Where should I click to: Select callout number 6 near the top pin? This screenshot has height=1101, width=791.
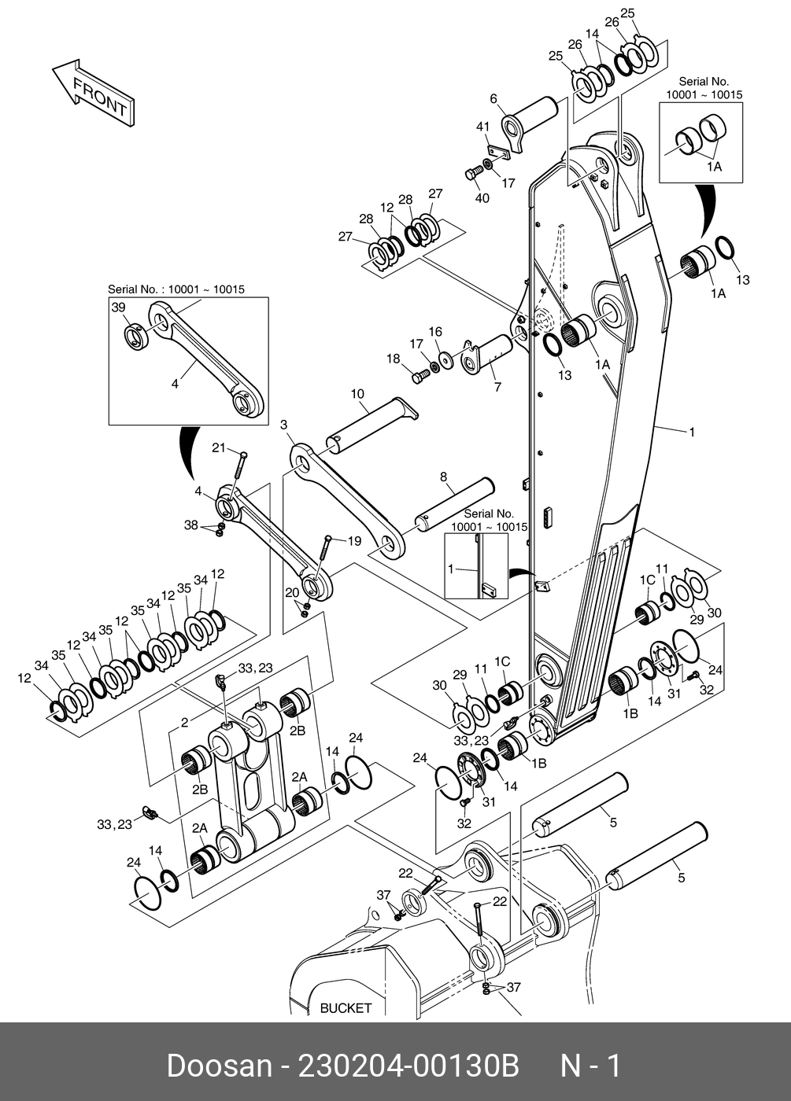pos(493,99)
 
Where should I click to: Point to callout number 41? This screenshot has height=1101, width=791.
pos(483,127)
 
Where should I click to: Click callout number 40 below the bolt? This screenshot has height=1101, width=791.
pos(482,197)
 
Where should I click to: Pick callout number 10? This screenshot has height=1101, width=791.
pos(357,394)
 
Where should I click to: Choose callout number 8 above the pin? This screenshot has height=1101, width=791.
pos(444,477)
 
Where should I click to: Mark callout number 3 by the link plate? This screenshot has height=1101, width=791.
pos(284,424)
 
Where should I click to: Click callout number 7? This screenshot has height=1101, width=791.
pos(497,387)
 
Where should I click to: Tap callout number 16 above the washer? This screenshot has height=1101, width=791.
pos(435,332)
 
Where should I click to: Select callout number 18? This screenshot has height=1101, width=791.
pos(393,359)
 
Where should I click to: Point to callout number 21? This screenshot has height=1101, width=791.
pos(219,447)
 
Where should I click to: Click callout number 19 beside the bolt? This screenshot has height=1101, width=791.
pos(355,541)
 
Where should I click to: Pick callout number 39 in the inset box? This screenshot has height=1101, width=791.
pos(119,307)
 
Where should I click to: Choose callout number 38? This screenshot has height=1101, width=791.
pos(190,525)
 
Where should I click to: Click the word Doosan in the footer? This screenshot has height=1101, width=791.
pos(220,1066)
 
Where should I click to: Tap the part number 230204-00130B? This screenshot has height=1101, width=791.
pos(408,1066)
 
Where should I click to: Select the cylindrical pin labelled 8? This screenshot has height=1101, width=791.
pos(454,506)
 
